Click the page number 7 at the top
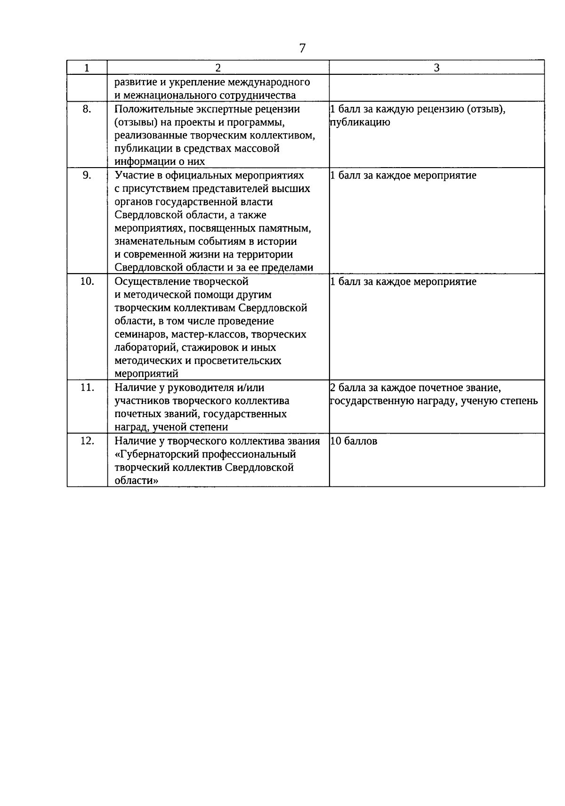click(x=302, y=48)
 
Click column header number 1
click(x=87, y=68)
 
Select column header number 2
click(x=218, y=68)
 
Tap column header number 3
click(x=436, y=68)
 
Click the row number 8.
click(x=87, y=109)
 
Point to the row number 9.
click(x=87, y=175)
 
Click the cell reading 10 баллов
click(x=354, y=442)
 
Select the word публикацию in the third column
click(x=360, y=123)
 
